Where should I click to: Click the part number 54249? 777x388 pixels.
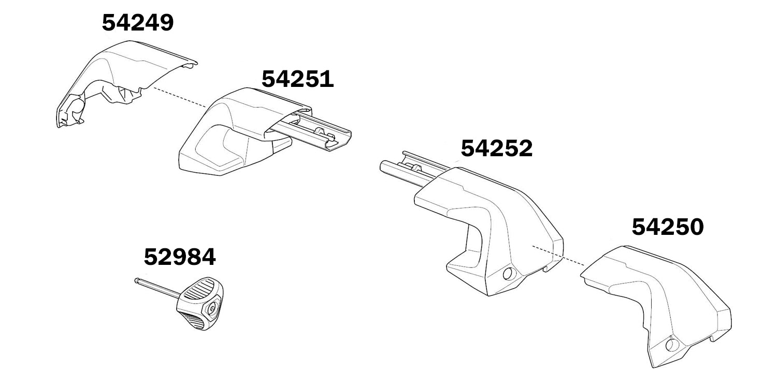point(138,23)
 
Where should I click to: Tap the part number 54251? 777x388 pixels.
point(297,79)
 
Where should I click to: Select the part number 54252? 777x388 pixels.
point(496,149)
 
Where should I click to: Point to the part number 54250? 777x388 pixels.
point(668,227)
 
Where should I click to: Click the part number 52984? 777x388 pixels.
point(180,257)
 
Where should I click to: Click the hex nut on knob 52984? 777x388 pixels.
point(212,309)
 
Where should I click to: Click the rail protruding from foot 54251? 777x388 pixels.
point(321,135)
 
